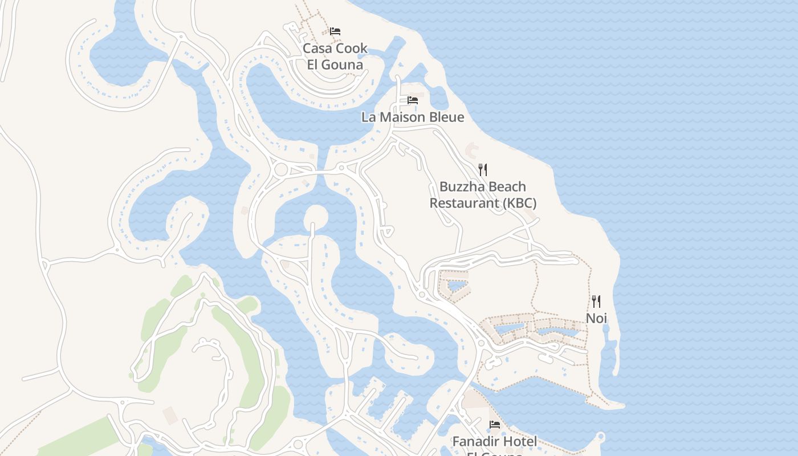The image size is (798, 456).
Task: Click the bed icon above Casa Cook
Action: (335, 31)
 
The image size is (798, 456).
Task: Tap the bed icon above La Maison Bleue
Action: (413, 100)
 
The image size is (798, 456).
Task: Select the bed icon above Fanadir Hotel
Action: (495, 425)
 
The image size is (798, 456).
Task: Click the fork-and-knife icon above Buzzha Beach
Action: (483, 169)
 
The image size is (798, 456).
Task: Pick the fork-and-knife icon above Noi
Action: (596, 301)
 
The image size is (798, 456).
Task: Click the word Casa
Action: (316, 48)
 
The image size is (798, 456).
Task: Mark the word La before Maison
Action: (368, 117)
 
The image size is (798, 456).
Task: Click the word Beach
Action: (506, 187)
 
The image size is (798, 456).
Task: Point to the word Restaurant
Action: (463, 203)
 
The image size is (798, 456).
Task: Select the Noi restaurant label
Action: (597, 318)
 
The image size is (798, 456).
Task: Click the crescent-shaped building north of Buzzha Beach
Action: (472, 150)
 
